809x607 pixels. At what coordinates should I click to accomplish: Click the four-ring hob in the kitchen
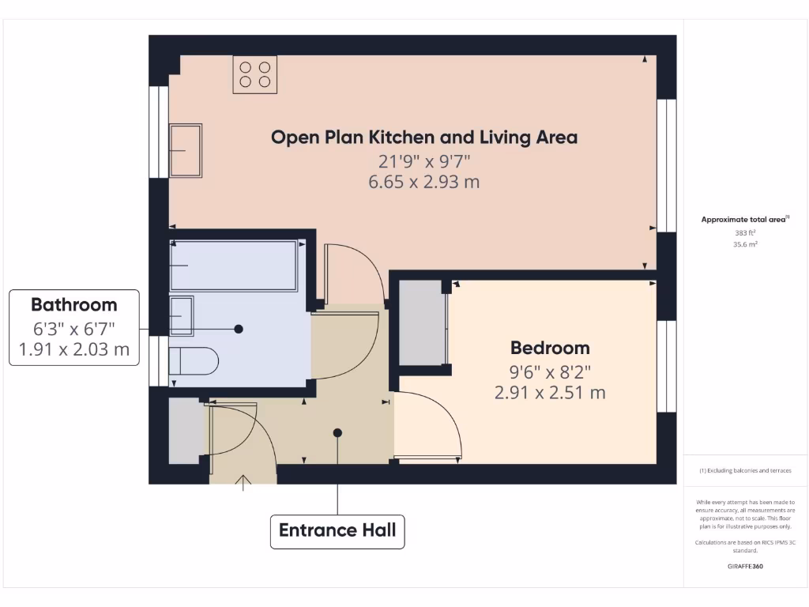coord(254,74)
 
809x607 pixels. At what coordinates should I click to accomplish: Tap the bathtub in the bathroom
coord(233,266)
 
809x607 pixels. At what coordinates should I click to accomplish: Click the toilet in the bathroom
coord(194,361)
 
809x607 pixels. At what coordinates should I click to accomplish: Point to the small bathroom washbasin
coord(181,316)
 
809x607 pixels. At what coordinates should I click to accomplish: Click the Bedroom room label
coord(550,348)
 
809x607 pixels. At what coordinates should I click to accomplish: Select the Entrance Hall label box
coord(337,530)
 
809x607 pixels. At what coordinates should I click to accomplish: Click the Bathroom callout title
coord(73,305)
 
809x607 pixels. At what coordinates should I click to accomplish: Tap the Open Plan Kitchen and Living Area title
coord(424,138)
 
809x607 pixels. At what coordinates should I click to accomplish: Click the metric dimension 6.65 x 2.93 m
coord(424,182)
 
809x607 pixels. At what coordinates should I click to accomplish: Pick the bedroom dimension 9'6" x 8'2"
coord(550,371)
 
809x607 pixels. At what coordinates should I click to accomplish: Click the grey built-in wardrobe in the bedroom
coord(422,322)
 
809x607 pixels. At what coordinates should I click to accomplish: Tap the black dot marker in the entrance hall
coord(337,432)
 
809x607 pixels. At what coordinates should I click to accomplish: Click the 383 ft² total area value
coord(745,233)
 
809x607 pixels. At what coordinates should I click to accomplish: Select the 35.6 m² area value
coord(745,245)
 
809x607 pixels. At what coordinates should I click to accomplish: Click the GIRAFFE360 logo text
coord(745,566)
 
